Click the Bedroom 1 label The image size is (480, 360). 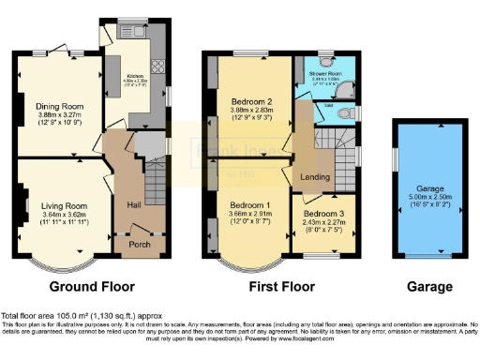coord(248,205)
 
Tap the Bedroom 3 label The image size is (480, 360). coord(324,214)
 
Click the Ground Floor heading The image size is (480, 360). coord(92,287)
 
